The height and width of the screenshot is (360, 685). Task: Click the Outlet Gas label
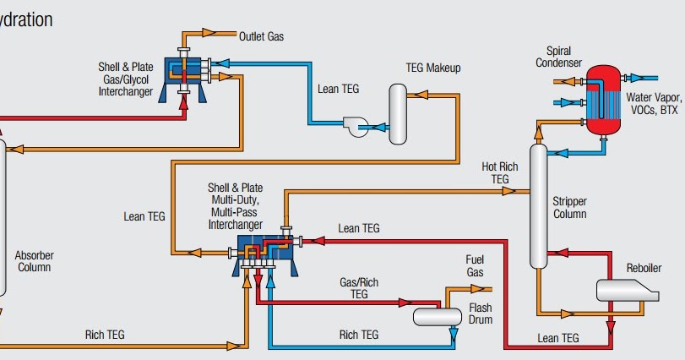coord(262,36)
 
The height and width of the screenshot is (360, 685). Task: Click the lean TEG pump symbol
coord(356,128)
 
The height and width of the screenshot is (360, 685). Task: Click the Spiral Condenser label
coord(558,57)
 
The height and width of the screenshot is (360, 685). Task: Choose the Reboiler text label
coord(644,269)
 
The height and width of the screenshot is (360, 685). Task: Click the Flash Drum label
coord(480,314)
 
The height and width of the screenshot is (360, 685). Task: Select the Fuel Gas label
coord(476,266)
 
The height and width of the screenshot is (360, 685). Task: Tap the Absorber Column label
coord(34,261)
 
